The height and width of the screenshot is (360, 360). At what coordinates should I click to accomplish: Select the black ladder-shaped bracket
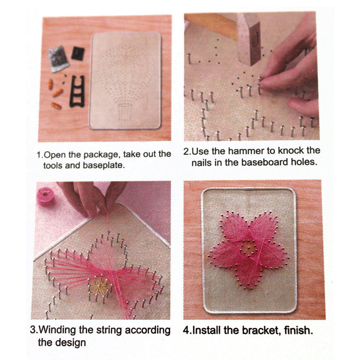[x=77, y=91]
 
